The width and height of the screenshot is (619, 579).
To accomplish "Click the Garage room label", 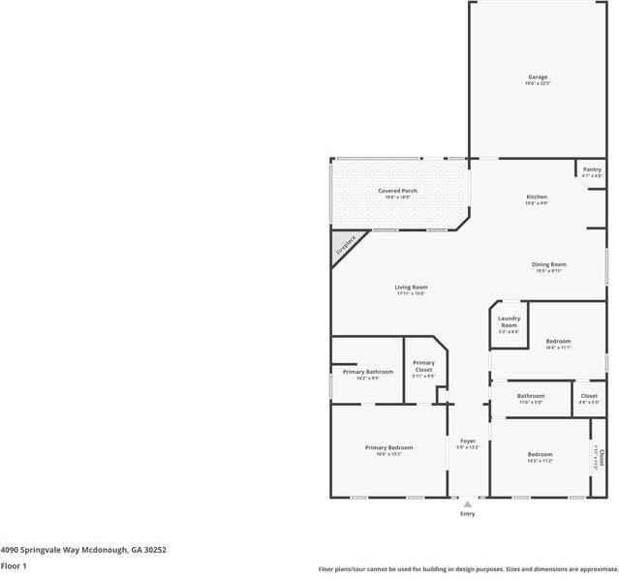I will [538, 76].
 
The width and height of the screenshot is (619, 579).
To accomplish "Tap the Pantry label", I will [592, 169].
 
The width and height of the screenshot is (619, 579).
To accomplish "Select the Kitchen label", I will [537, 197].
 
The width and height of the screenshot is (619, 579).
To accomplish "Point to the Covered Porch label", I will [397, 191].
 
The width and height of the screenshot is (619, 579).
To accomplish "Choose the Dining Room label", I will [549, 264].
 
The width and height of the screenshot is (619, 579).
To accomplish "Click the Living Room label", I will [411, 288].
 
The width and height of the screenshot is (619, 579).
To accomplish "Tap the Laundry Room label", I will [510, 321].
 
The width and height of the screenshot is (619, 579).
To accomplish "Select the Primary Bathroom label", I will [367, 372].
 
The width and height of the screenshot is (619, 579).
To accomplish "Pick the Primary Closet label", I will [423, 366].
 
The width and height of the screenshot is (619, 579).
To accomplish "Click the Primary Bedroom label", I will [388, 447].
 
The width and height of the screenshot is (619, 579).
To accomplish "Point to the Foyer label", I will [468, 441].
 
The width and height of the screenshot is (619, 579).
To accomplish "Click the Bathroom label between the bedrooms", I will [531, 395].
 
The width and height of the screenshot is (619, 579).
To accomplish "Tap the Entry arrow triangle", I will [468, 503].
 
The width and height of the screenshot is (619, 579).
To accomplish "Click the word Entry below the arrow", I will [468, 514].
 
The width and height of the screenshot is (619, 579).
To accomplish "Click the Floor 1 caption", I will [14, 565].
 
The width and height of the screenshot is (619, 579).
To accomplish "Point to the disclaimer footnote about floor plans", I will [468, 569].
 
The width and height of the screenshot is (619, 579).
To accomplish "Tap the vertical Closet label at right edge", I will [600, 457].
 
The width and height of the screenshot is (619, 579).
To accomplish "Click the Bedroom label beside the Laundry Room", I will [558, 341].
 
